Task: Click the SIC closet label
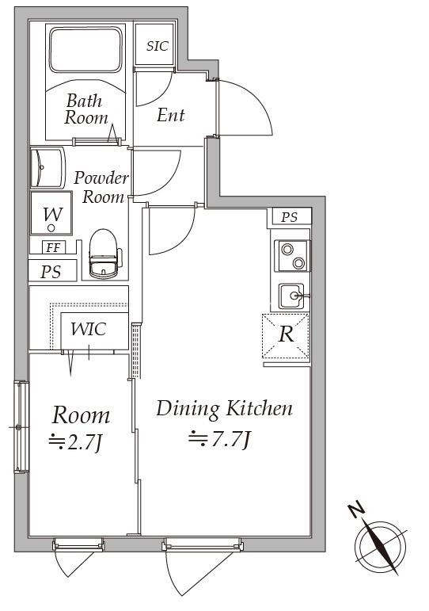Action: pyautogui.click(x=158, y=46)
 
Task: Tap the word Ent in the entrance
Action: pyautogui.click(x=170, y=115)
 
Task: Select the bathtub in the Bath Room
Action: pyautogui.click(x=85, y=49)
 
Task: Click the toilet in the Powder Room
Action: pyautogui.click(x=104, y=254)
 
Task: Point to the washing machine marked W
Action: pyautogui.click(x=51, y=213)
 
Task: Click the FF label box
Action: pyautogui.click(x=54, y=247)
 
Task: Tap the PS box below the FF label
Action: pyautogui.click(x=51, y=271)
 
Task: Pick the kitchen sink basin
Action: pyautogui.click(x=291, y=296)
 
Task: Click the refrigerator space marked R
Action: pyautogui.click(x=286, y=335)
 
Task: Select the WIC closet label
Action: pyautogui.click(x=89, y=329)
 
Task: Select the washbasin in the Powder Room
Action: pyautogui.click(x=47, y=167)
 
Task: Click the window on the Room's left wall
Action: pyautogui.click(x=21, y=426)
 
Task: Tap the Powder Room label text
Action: pyautogui.click(x=101, y=187)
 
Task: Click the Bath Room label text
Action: pyautogui.click(x=85, y=109)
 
